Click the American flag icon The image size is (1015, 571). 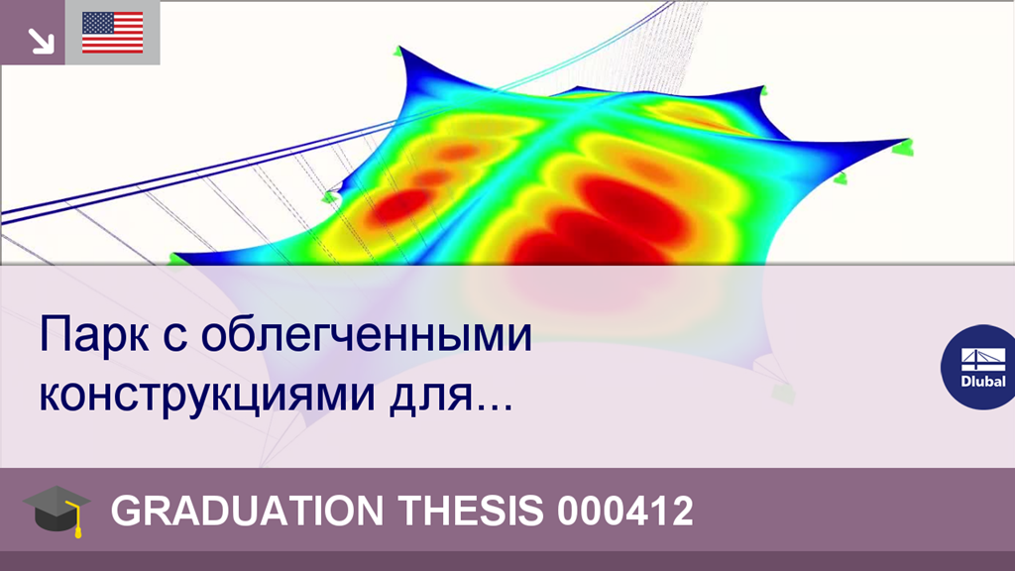point(112,33)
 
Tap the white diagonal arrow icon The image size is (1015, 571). point(41,41)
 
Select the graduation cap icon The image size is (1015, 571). point(56,510)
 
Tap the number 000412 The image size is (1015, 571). point(624,512)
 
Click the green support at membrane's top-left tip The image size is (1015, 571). point(398,51)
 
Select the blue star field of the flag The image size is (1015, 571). point(96,24)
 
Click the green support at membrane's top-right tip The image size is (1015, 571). point(765,90)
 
